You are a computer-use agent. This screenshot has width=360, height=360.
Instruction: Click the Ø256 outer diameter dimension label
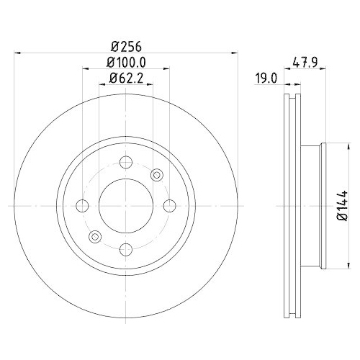coord(126,45)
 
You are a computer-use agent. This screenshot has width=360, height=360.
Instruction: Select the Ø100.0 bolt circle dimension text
coord(126,63)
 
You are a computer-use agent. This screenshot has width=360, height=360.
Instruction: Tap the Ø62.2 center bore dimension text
coord(126,80)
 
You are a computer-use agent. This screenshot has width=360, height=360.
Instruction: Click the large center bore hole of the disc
coord(126,206)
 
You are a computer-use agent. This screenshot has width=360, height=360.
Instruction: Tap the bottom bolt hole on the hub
coord(126,249)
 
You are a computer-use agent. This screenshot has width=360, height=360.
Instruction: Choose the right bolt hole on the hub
coord(169,206)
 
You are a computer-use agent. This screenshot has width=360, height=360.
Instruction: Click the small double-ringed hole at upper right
coord(157,174)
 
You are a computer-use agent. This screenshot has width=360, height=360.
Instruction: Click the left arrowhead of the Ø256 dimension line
coord(18,53)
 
